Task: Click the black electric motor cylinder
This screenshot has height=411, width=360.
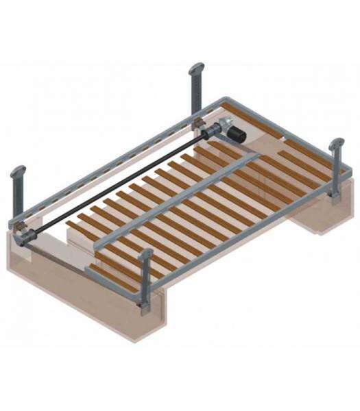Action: pos(235,132)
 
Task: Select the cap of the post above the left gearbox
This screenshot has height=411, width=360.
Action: pos(19,171)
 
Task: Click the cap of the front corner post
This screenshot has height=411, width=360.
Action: pos(146,256)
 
